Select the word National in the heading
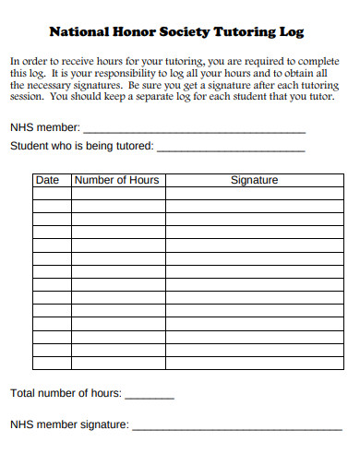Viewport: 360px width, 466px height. point(79,30)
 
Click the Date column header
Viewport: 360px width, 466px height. point(47,180)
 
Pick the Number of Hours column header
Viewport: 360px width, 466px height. point(116,180)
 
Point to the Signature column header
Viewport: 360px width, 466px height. point(254,180)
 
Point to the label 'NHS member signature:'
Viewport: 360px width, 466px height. point(69,425)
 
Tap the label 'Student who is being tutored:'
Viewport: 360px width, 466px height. point(82,146)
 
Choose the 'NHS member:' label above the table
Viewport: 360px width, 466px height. point(44,128)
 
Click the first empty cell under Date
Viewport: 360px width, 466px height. point(52,194)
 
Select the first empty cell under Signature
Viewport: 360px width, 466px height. point(254,194)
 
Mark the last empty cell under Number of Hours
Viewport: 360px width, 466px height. point(116,363)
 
